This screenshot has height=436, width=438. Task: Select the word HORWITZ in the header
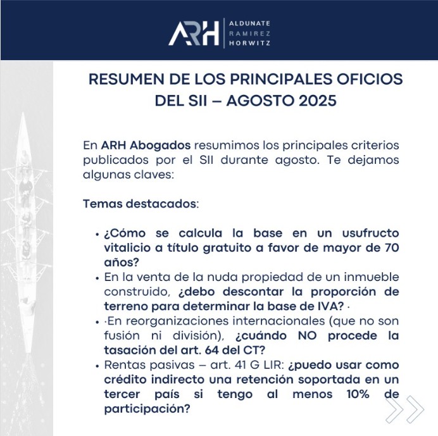tap(249, 44)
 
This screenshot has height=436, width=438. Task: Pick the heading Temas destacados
tap(141, 206)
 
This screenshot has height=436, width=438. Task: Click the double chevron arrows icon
tap(405, 409)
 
